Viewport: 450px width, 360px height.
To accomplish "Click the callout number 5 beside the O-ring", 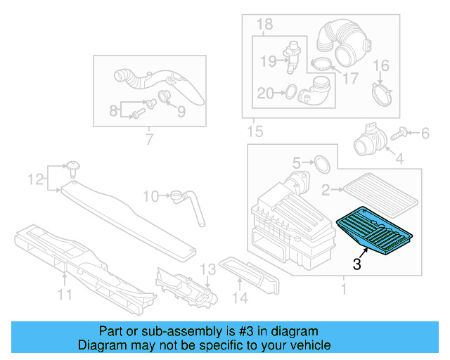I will [x=297, y=162].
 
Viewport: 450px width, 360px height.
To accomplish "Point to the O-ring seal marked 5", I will [x=321, y=164].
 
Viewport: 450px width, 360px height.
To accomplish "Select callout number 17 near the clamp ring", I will [x=349, y=79].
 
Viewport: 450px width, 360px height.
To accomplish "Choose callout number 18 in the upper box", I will [x=264, y=26].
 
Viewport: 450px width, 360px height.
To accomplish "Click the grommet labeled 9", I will [x=166, y=95].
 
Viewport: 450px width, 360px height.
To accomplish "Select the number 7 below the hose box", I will [x=148, y=140].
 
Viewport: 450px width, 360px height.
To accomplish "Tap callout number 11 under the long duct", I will [x=65, y=295].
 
